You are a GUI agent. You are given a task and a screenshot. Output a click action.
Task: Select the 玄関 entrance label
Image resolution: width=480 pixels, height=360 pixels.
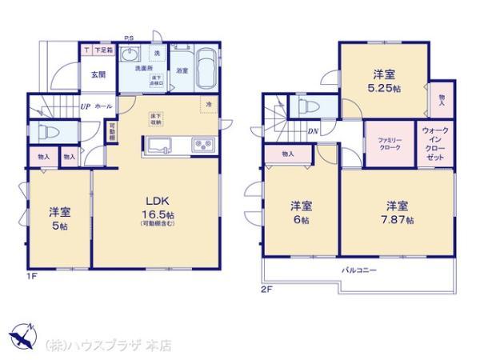tap(75, 74)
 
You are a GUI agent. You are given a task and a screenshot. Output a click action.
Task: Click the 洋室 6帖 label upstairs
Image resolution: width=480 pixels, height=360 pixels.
tap(299, 211)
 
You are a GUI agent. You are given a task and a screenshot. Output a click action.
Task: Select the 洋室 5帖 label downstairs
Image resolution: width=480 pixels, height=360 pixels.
tap(60, 218)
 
